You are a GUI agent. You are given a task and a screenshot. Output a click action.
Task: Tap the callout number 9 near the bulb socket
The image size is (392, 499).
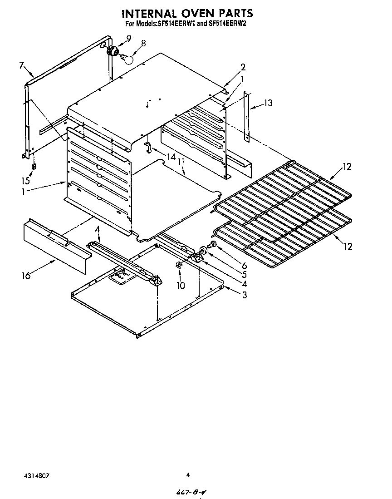click(x=129, y=39)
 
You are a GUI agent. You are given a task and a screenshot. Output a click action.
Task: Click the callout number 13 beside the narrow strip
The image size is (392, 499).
click(x=268, y=103)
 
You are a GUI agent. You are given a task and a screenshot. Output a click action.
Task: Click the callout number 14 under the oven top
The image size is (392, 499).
click(x=171, y=157)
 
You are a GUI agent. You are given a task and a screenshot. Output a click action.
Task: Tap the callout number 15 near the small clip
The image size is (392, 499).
click(x=26, y=180)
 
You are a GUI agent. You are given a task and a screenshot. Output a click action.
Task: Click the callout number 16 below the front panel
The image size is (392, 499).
click(x=26, y=275)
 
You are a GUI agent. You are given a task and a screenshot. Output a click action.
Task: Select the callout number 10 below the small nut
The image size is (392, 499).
click(x=181, y=285)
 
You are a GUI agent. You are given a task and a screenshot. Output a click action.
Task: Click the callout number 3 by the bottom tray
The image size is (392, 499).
click(x=244, y=295)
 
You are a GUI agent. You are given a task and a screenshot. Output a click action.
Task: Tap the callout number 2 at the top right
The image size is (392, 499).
click(x=243, y=67)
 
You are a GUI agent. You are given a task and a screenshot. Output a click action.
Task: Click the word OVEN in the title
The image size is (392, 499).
click(x=193, y=13)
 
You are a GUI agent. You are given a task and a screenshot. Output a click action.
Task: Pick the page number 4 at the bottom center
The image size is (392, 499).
click(x=188, y=475)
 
